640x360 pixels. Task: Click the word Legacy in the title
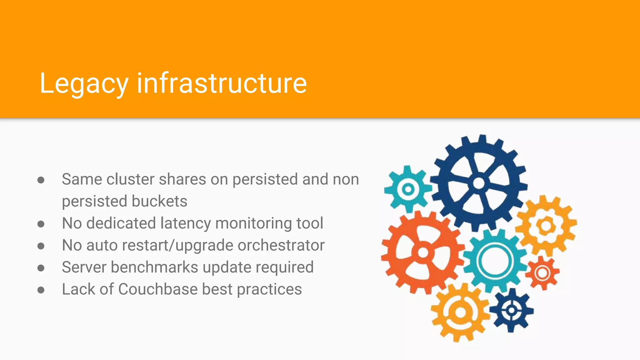tap(84, 84)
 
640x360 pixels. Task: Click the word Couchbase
tap(158, 289)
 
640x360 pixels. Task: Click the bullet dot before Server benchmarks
tap(41, 268)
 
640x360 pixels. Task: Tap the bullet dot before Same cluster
tap(41, 180)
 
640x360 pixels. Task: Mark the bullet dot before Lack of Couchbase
tap(41, 290)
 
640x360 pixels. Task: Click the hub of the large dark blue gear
tap(479, 183)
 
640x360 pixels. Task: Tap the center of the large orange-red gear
tap(423, 252)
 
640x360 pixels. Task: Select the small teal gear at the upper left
tap(408, 189)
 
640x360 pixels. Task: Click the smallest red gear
tap(542, 273)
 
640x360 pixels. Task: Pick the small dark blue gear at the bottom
tap(512, 310)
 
